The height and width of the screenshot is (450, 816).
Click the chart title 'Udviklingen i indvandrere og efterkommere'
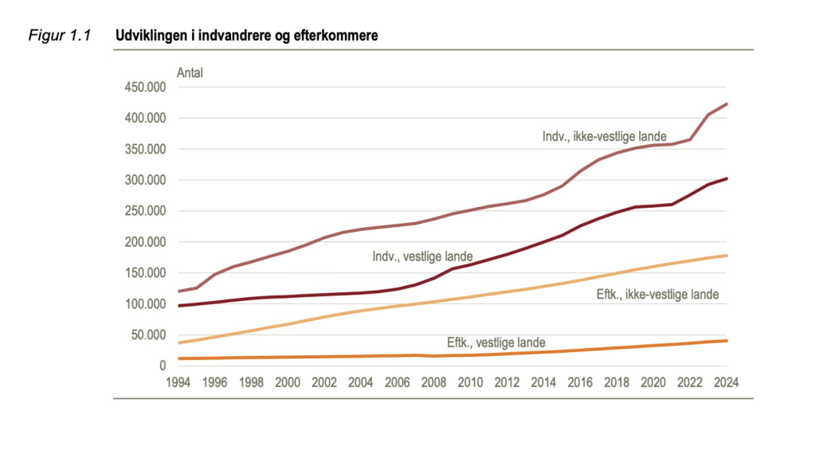246,36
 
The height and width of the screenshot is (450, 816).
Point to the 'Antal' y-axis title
190,73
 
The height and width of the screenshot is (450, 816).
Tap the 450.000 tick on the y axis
144,88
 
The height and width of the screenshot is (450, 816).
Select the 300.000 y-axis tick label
144,180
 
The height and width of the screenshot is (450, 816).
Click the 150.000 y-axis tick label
144,273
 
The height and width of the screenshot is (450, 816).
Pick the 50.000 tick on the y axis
147,335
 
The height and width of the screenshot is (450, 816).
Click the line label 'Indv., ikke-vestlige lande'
604,137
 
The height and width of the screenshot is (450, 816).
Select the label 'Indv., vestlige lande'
422,257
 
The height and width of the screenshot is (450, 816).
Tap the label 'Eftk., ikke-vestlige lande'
657,295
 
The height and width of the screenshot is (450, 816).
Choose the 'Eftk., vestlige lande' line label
496,342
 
